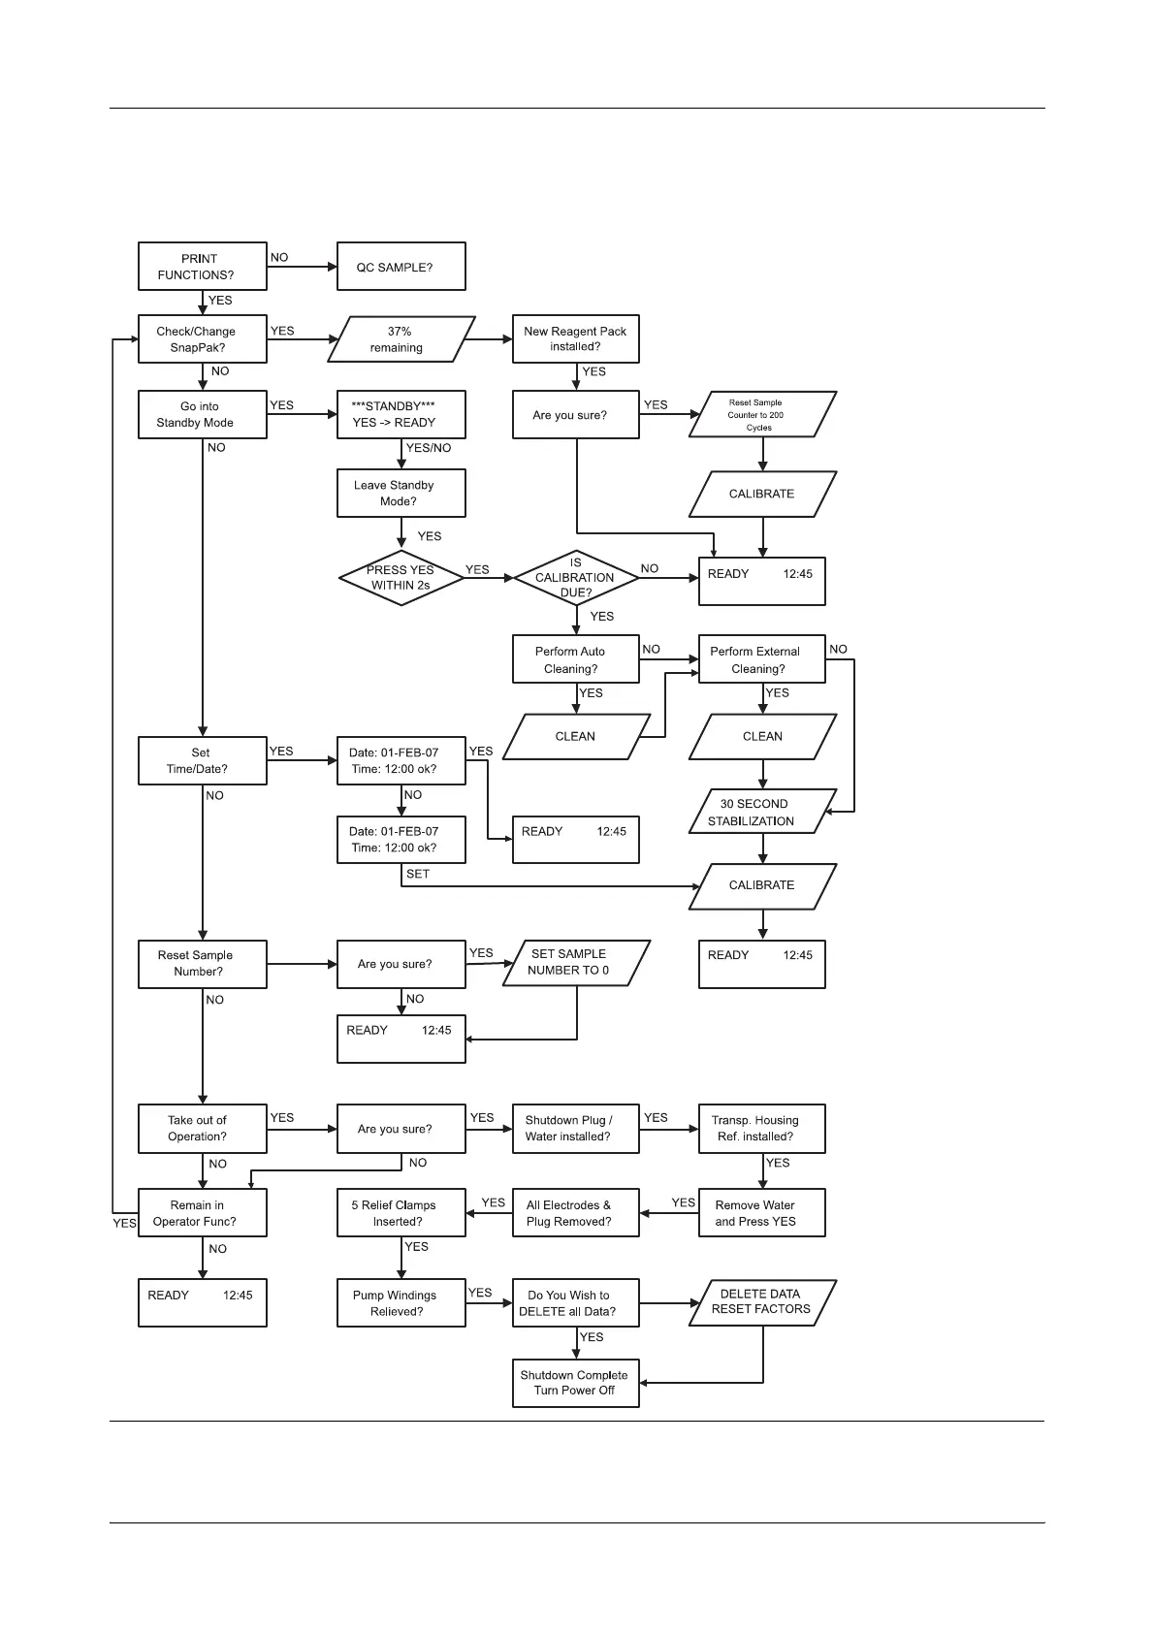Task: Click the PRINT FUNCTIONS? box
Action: [x=202, y=267]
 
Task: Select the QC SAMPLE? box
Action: [x=401, y=267]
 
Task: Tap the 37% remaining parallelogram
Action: [x=401, y=339]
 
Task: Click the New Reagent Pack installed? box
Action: [x=575, y=339]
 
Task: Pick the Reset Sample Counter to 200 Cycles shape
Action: [x=762, y=415]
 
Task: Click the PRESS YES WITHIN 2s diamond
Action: [x=401, y=578]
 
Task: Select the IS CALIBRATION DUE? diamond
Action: [x=575, y=578]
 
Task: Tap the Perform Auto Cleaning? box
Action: [x=575, y=660]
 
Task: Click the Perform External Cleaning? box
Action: [x=761, y=660]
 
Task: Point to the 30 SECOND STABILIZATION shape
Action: [x=761, y=813]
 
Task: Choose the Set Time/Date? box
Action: [x=202, y=761]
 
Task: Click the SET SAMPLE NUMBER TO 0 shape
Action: [x=575, y=963]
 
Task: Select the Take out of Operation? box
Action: [x=202, y=1129]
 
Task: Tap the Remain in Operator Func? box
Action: [x=202, y=1213]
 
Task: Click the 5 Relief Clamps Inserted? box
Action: [x=401, y=1213]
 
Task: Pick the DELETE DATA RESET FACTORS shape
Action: [x=761, y=1302]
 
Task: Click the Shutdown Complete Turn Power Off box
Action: [x=575, y=1383]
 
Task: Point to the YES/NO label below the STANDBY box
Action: [x=429, y=448]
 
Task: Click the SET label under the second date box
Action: [x=418, y=875]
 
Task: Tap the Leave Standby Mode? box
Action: [x=401, y=494]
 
